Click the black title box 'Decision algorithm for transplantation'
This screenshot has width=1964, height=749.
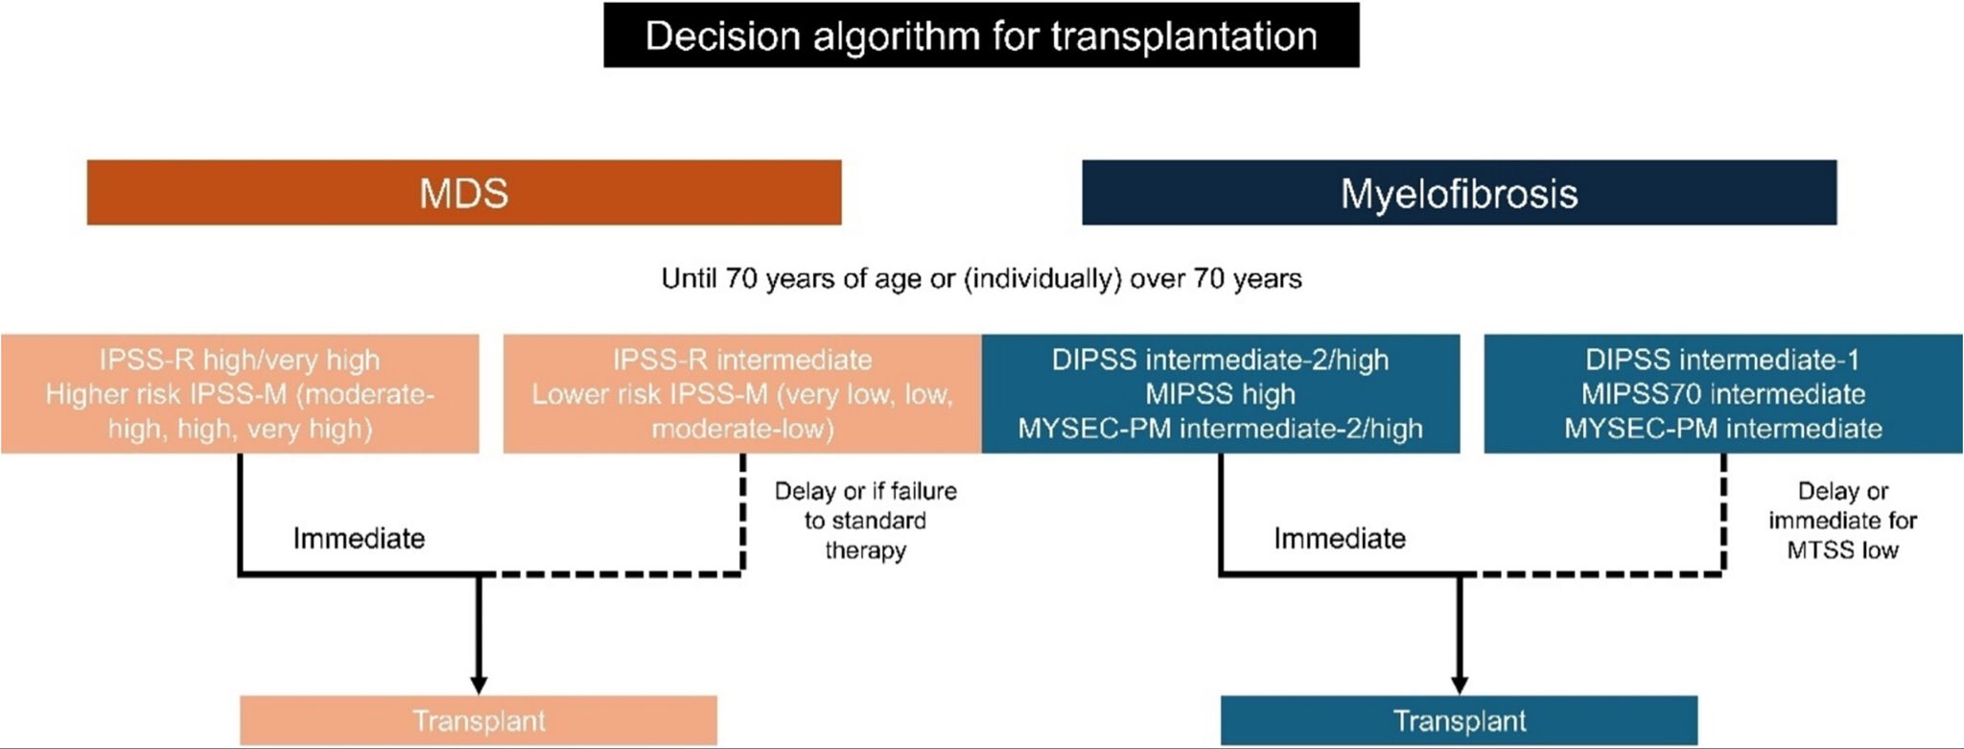pos(981,35)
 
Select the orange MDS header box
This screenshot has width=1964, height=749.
pos(464,193)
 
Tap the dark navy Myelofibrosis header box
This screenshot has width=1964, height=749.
pos(1460,193)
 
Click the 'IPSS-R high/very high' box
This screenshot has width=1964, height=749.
pos(240,393)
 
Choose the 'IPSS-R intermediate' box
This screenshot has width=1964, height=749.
pos(742,393)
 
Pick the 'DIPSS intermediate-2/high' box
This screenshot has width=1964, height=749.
pos(1221,393)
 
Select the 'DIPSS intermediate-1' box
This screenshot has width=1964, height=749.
pos(1723,393)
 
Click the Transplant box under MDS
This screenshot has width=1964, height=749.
pos(479,720)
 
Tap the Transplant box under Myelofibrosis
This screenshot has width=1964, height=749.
pos(1460,720)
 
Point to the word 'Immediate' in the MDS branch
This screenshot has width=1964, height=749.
pos(359,538)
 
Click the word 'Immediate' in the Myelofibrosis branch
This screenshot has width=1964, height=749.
pos(1340,538)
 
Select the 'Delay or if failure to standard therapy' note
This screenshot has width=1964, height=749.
pos(866,521)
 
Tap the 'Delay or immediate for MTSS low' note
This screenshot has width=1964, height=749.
pos(1843,521)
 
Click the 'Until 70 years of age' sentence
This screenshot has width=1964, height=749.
pos(981,279)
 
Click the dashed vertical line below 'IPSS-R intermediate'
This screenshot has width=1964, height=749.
pos(743,513)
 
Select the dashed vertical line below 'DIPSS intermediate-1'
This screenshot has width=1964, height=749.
pos(1724,513)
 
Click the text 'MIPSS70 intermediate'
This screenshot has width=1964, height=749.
pos(1723,394)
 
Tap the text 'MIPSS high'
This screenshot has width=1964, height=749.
pos(1221,394)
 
